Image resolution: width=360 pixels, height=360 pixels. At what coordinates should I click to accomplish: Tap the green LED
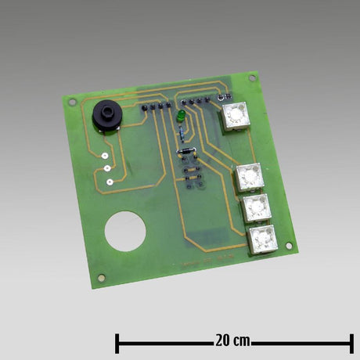[x=181, y=117]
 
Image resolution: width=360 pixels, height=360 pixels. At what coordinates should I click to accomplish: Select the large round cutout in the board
[x=126, y=232]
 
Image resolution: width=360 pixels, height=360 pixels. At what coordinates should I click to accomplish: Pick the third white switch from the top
[x=255, y=209]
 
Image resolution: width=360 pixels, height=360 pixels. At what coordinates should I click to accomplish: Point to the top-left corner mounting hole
[x=72, y=101]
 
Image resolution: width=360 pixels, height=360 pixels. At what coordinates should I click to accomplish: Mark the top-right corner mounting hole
[x=252, y=79]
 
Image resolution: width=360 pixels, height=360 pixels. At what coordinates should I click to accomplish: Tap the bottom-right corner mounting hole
[x=292, y=248]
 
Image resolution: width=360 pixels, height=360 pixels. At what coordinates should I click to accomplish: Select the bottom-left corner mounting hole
[x=100, y=278]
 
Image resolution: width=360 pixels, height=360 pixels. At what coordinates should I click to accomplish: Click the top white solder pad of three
[x=104, y=154]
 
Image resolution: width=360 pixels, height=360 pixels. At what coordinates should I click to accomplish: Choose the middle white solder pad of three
[x=106, y=167]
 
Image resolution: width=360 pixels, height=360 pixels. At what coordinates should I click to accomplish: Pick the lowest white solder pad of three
[x=108, y=181]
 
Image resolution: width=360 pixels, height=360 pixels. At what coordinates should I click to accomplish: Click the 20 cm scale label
[x=232, y=341]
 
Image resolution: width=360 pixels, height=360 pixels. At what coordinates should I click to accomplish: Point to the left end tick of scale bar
[x=117, y=342]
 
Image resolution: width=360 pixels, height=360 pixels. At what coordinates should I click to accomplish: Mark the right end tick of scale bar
[x=351, y=342]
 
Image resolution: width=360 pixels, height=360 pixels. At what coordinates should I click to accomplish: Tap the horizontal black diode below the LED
[x=186, y=151]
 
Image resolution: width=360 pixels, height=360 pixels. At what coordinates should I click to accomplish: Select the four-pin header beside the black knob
[x=154, y=105]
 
